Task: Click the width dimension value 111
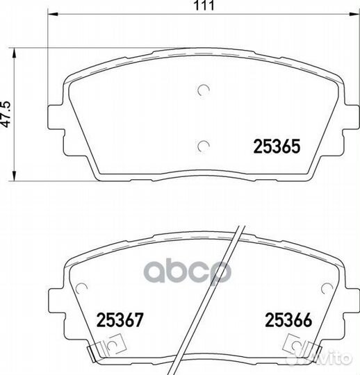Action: click(x=204, y=6)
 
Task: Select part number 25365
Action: click(x=277, y=147)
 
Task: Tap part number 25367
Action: click(x=120, y=319)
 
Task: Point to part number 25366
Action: click(x=288, y=319)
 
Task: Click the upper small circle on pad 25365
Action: click(x=204, y=90)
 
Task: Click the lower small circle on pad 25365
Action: click(x=204, y=146)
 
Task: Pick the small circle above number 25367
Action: click(x=81, y=288)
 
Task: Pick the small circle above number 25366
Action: click(x=327, y=288)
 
